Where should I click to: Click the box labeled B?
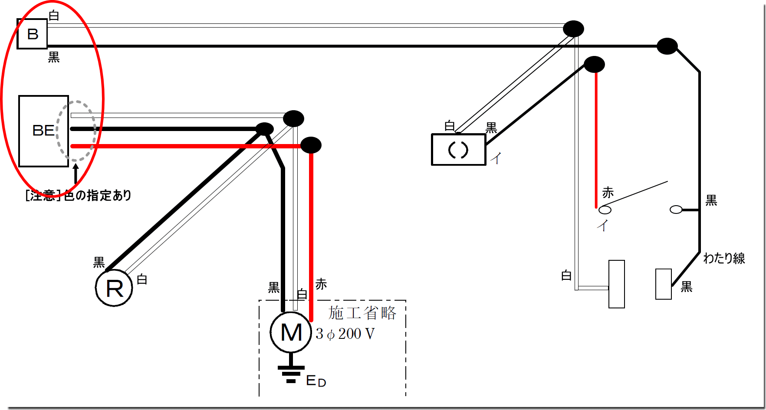[x=32, y=34]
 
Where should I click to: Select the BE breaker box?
[x=43, y=131]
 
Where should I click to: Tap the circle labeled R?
[x=114, y=288]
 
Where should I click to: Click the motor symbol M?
[x=291, y=332]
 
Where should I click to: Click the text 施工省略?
[x=362, y=313]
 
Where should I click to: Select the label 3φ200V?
[x=345, y=334]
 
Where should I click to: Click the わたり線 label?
[x=724, y=258]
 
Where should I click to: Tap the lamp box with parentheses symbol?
[x=458, y=150]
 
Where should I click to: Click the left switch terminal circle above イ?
[x=605, y=210]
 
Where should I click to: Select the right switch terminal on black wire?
[x=676, y=210]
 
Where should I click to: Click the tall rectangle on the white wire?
[x=616, y=284]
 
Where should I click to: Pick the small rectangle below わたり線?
[x=663, y=284]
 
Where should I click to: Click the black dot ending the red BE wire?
[x=311, y=145]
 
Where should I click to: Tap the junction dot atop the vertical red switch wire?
[x=594, y=65]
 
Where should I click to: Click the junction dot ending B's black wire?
[x=667, y=46]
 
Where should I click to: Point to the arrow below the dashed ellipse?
[x=76, y=174]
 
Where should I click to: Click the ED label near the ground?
[x=316, y=381]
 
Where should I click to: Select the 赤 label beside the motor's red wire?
[x=321, y=284]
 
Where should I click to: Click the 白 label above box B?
[x=54, y=16]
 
